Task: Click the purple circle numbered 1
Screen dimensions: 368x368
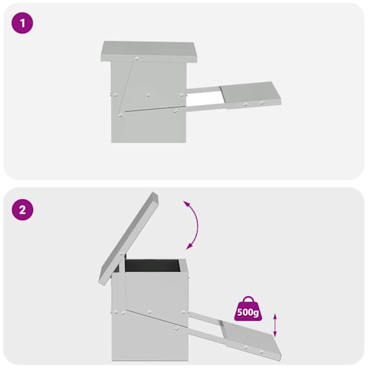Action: [23, 23]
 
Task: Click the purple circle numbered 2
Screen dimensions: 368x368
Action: [23, 210]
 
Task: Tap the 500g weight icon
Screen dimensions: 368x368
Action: [248, 309]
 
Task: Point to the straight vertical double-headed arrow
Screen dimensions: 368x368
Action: [275, 325]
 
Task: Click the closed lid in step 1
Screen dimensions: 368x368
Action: [150, 52]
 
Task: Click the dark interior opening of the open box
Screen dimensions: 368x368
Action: [153, 265]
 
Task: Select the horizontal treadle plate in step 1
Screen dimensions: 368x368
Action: [251, 95]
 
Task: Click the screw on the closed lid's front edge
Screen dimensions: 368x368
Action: [137, 58]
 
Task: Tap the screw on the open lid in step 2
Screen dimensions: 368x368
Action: [122, 253]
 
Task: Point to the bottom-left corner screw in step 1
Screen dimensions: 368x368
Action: [121, 115]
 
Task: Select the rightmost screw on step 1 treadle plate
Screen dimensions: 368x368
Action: [262, 102]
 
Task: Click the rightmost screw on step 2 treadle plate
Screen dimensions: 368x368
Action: [262, 351]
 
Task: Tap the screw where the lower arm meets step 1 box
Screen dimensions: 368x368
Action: [174, 110]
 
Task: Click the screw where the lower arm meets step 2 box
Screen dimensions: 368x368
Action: [176, 328]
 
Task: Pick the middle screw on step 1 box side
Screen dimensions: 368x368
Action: [148, 95]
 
